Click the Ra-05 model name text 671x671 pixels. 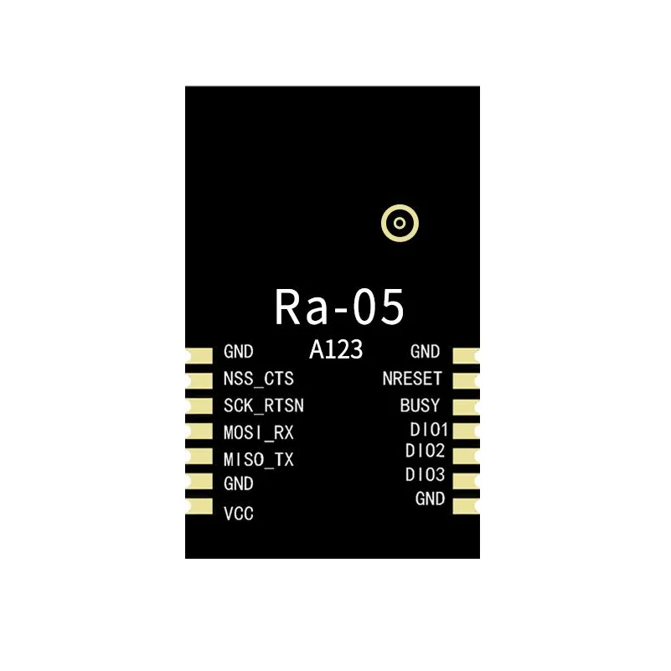pos(339,307)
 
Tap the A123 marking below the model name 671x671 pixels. pos(336,351)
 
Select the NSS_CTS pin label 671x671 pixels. pos(259,379)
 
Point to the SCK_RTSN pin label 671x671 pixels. pos(264,406)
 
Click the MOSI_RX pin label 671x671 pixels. pos(259,433)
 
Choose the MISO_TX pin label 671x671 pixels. pos(259,460)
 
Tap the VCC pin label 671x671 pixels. pos(239,514)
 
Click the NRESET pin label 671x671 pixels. pos(411,379)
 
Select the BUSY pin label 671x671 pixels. pos(420,406)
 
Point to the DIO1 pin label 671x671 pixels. pos(429,431)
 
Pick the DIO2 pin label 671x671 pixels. pos(426,451)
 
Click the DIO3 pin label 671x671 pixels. pos(426,475)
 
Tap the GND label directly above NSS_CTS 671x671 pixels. pos(239,353)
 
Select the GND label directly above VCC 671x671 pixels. pos(239,484)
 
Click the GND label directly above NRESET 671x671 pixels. pos(426,352)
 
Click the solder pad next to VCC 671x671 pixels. pos(199,507)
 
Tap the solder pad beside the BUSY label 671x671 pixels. pos(465,406)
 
